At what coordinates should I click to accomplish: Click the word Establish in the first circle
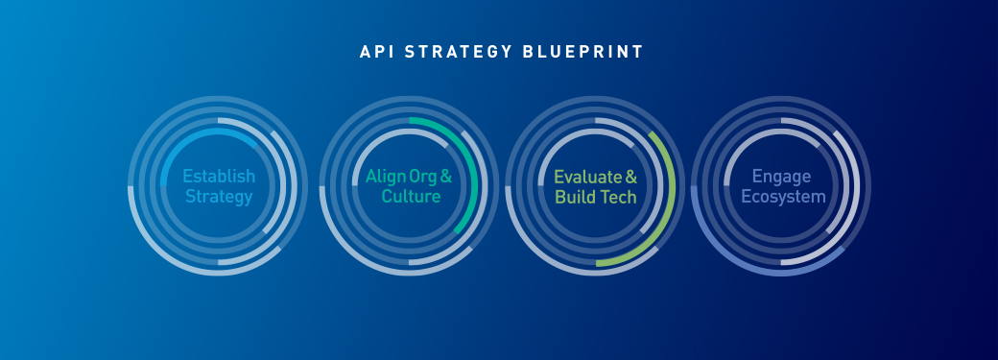pos(219,177)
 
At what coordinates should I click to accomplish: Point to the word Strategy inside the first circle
pos(219,198)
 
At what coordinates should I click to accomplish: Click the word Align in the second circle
pos(384,177)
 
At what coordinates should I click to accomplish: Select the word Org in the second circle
pos(421,178)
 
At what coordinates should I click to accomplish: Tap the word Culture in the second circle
pos(411,198)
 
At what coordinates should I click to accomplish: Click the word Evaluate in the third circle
pos(588,177)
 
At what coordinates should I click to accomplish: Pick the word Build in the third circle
pos(576,198)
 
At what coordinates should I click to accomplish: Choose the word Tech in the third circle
pos(620,198)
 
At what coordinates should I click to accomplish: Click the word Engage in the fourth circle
pos(781,177)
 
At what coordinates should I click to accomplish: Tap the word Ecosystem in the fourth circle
pos(781,198)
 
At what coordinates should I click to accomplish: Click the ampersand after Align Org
pos(446,177)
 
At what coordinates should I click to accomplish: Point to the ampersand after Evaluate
pos(631,177)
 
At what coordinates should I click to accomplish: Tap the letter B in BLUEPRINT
pos(530,52)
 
